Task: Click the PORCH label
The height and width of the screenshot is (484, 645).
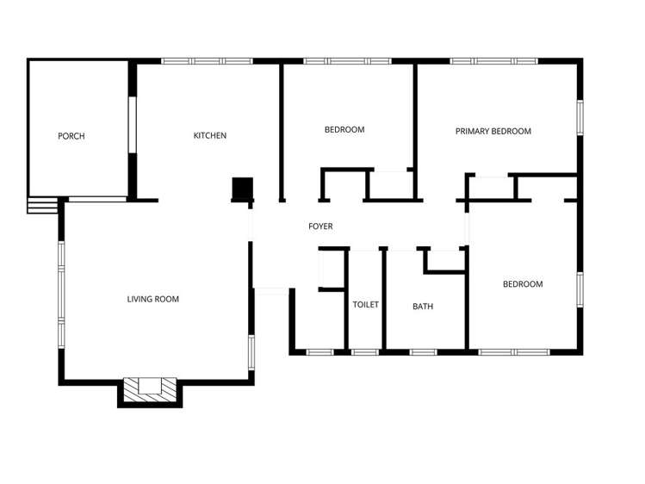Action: click(x=71, y=136)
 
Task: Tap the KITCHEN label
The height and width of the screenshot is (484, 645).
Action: click(x=209, y=135)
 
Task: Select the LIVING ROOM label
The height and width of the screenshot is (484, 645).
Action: click(x=152, y=299)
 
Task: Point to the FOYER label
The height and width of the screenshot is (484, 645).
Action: click(x=320, y=226)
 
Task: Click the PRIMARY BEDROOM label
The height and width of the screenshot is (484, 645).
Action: click(x=493, y=131)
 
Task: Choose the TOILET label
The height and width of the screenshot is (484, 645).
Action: click(x=365, y=305)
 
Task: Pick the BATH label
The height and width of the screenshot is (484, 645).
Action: click(x=422, y=306)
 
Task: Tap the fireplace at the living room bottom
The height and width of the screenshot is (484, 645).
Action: click(x=150, y=388)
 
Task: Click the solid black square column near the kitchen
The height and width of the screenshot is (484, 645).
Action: click(x=242, y=189)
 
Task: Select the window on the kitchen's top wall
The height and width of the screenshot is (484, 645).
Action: click(x=207, y=61)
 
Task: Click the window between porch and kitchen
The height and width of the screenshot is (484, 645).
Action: click(x=132, y=125)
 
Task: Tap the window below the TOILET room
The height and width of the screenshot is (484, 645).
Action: click(x=365, y=351)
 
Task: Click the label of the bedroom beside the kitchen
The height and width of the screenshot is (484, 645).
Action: click(x=344, y=130)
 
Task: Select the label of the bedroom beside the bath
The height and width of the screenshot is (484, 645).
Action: click(x=523, y=284)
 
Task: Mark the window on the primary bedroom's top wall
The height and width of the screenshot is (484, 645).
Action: click(x=493, y=61)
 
